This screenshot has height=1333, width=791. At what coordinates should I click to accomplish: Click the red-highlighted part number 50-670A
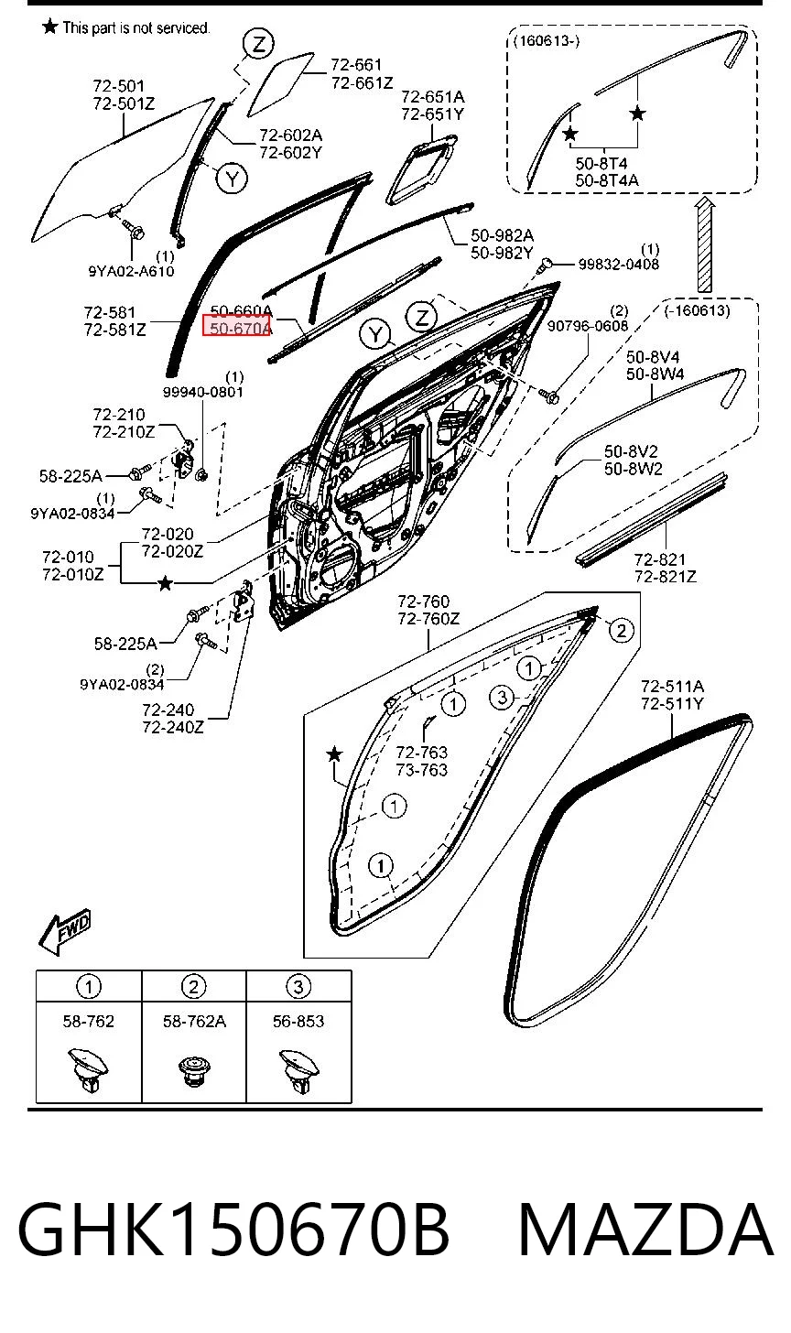pos(237,328)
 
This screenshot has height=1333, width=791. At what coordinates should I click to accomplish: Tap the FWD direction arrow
pos(65,931)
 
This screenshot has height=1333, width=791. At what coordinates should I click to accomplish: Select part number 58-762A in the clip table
pos(194,1021)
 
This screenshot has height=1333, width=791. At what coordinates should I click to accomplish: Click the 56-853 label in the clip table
pos(298,1021)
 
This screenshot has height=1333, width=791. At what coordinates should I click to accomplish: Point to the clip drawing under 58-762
pos(88,1070)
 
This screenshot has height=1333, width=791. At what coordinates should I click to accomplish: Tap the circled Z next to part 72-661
pos(258,44)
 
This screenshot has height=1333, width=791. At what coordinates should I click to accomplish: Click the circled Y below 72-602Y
pos(233,178)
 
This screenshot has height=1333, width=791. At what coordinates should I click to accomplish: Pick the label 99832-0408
pos(618,264)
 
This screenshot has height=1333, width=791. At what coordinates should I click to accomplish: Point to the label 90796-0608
pos(588,326)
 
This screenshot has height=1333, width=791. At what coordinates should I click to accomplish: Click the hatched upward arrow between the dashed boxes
pos(705,245)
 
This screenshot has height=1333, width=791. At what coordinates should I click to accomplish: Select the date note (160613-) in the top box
pos(547,40)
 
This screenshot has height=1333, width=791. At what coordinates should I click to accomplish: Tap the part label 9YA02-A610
pos(131,271)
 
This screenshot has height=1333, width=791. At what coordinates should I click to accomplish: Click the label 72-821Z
pos(665,577)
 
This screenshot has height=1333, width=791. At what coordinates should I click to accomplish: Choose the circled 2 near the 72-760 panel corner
pos(621,630)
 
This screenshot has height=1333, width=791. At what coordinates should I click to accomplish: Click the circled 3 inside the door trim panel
pos(502,697)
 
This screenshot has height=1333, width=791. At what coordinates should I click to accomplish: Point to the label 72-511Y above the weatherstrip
pos(672,704)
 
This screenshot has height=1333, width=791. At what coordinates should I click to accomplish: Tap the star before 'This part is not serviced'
pos(50,27)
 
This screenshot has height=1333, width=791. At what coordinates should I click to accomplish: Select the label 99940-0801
pos(202,392)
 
